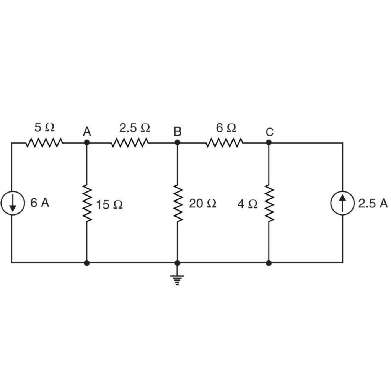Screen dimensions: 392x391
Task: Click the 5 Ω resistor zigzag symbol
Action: point(44,143)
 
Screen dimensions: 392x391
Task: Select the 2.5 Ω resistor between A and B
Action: point(130,143)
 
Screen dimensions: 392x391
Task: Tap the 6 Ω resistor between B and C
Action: point(224,143)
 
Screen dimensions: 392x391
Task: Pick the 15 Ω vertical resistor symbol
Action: point(87,203)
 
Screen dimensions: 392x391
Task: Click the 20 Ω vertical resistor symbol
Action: point(177,203)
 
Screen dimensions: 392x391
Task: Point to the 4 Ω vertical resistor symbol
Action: point(269,203)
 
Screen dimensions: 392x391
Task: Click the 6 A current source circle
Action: point(13,204)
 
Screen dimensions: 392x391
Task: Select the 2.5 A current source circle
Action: point(342,204)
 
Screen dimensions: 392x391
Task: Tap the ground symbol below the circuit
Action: point(177,279)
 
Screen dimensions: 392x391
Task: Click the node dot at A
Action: point(87,142)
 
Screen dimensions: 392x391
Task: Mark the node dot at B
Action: point(177,142)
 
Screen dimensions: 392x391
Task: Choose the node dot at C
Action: point(269,142)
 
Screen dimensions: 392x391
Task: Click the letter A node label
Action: point(87,132)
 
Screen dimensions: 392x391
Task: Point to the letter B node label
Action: point(177,132)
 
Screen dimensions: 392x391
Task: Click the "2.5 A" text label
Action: point(373,204)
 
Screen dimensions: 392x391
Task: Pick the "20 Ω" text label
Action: point(203,204)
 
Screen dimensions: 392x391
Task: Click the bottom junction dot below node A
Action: point(87,263)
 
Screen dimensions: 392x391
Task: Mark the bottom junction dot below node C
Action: point(269,263)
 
